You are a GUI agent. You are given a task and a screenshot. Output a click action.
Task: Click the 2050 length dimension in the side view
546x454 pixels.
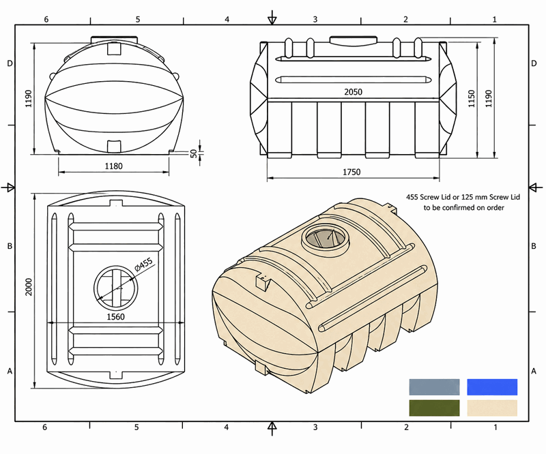coord(353,92)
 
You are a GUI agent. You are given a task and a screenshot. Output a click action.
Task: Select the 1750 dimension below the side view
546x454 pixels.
coord(351,172)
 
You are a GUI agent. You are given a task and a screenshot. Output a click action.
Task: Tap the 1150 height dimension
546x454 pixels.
coord(472,98)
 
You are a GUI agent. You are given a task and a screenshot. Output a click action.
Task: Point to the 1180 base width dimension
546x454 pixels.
coord(114,166)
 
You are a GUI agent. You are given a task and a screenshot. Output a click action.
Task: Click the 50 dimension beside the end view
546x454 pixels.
coord(194,153)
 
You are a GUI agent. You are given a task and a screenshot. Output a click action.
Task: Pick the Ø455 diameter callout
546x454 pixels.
coord(144,264)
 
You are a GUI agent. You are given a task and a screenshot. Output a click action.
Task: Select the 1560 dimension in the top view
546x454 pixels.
coord(115,316)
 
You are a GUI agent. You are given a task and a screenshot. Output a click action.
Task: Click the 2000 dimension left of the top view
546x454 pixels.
coord(29,287)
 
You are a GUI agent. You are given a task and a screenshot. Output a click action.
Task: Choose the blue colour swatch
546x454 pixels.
coord(492,387)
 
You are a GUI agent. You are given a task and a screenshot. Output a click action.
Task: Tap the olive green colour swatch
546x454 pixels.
coord(434,408)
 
